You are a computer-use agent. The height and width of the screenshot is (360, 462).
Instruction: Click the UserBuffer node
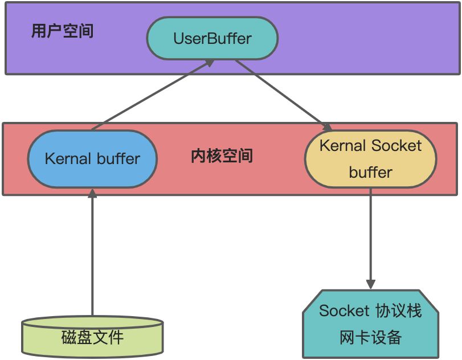point(212,38)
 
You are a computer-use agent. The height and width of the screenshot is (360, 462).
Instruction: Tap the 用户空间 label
point(63,31)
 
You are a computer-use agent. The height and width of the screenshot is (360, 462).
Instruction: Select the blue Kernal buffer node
point(92,159)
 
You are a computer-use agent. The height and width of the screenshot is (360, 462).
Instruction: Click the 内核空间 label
point(222,156)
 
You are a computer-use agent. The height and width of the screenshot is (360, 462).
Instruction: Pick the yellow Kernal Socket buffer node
point(370,159)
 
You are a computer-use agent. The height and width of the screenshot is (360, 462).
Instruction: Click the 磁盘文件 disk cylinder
point(92,337)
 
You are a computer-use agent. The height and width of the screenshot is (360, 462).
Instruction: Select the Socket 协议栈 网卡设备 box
point(370,324)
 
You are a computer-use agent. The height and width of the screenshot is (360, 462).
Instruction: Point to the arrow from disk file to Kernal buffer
point(92,252)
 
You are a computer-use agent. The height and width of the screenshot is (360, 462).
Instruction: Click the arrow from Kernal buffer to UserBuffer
point(153,95)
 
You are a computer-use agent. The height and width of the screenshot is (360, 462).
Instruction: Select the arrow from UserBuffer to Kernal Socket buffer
point(284,96)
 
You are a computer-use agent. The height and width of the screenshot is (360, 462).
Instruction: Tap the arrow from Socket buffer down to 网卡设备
point(370,239)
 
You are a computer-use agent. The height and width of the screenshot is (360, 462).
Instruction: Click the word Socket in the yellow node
point(396,145)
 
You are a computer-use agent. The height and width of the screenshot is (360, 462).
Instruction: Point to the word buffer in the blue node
point(118,158)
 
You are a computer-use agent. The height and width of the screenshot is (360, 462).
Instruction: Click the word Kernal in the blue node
point(68,158)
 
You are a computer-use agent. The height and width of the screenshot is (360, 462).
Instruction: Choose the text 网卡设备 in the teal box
point(370,337)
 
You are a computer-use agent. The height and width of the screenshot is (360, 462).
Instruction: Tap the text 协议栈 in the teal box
point(399,310)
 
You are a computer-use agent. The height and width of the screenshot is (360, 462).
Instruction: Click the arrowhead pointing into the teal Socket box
point(370,284)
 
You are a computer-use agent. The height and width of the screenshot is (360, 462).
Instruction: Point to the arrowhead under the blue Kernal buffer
point(92,193)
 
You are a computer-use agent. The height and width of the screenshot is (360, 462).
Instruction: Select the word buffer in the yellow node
point(370,172)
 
